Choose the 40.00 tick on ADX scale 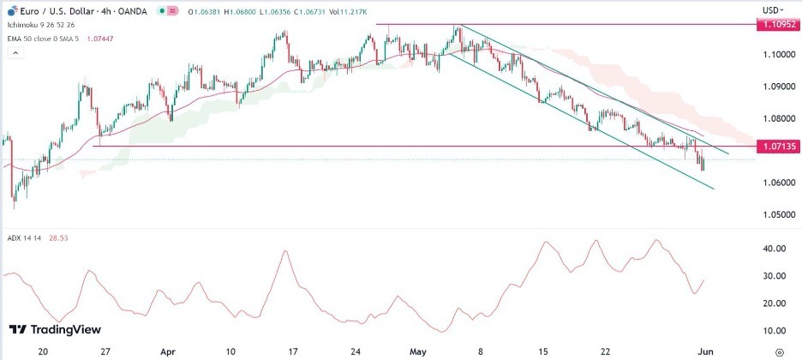775,249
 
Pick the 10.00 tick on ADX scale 775,331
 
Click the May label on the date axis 418,351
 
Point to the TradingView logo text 65,330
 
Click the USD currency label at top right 770,9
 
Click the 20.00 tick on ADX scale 775,303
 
